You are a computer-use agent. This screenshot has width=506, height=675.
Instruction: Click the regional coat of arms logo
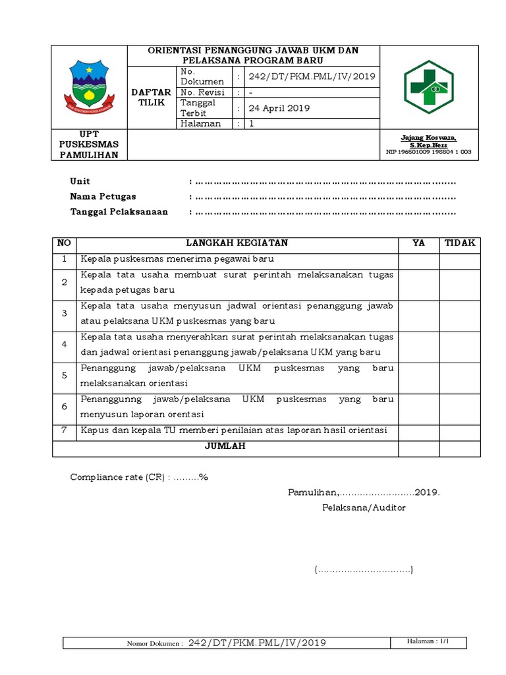click(88, 86)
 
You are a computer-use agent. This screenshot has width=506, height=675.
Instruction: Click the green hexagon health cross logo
click(430, 86)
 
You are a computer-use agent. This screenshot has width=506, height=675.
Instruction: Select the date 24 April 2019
click(279, 108)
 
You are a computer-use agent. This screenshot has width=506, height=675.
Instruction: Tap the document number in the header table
click(311, 76)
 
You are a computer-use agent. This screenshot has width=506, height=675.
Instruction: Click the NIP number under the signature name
click(429, 152)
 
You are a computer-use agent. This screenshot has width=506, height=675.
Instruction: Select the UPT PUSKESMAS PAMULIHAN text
click(89, 145)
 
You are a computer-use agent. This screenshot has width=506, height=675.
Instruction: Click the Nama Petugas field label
click(103, 196)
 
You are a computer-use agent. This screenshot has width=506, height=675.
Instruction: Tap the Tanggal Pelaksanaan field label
click(119, 212)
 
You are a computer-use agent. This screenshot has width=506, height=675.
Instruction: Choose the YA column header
click(418, 243)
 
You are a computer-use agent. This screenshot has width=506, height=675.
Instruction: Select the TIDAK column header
click(460, 243)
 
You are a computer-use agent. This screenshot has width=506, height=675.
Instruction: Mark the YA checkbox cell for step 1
click(418, 259)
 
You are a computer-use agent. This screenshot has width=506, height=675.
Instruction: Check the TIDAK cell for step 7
click(460, 430)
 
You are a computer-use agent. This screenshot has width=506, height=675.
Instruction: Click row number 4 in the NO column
click(65, 344)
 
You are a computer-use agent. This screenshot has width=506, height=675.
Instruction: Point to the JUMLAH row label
click(225, 446)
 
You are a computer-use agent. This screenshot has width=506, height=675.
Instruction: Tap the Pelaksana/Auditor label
click(364, 508)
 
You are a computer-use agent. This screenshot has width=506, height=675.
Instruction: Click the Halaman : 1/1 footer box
click(429, 641)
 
